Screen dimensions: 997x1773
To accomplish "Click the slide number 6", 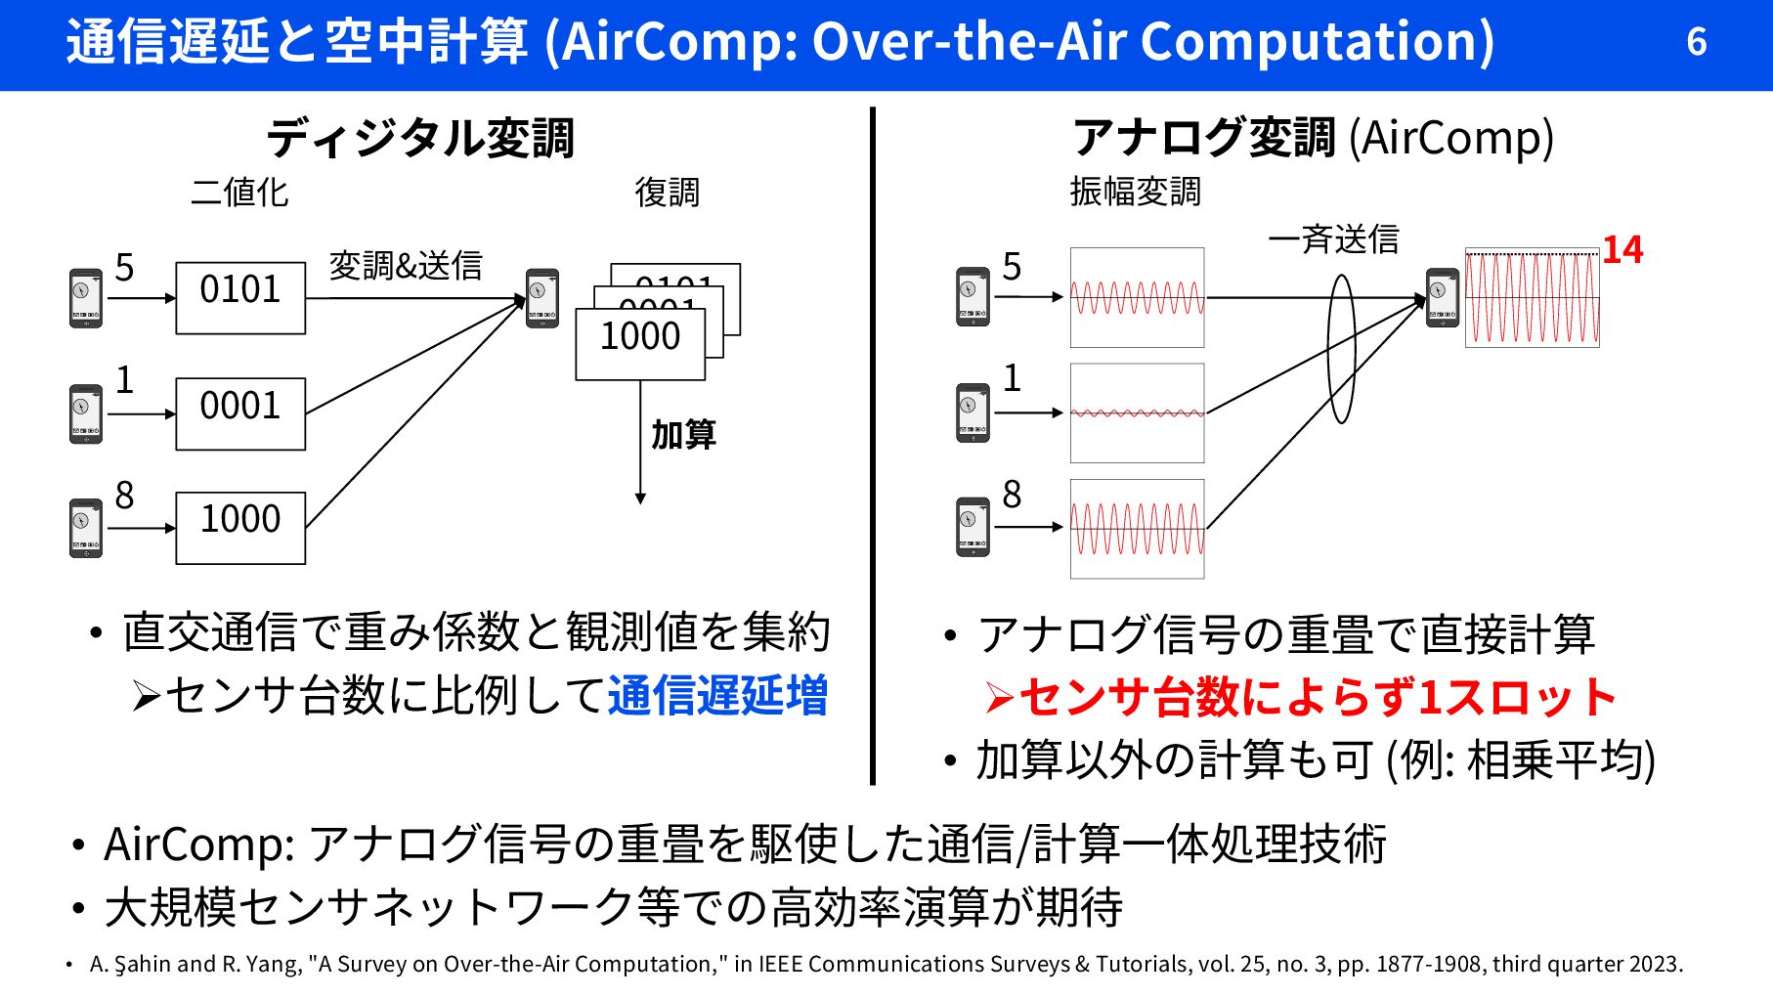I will tap(1696, 42).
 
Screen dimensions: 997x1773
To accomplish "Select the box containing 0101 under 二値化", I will tap(240, 297).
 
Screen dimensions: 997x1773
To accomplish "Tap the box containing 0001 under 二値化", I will tap(240, 413).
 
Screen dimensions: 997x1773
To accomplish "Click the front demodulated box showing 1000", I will tap(640, 343).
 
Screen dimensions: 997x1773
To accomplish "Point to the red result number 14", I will tap(1622, 250).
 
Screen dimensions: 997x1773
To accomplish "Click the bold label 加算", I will tap(683, 434).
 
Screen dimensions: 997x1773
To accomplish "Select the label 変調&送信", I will tap(406, 265).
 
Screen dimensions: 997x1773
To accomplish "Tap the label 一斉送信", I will tap(1333, 238).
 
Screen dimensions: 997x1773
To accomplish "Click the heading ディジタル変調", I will tap(420, 138).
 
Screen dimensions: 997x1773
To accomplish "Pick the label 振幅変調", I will tap(1135, 192).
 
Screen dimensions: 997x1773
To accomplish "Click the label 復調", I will tap(667, 192).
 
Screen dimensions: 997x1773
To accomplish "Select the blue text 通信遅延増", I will tap(717, 696).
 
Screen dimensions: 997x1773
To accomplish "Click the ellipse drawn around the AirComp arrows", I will tap(1341, 349).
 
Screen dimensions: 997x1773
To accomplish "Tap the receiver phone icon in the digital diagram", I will tap(542, 298).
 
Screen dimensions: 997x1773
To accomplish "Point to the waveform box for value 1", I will tap(1137, 412).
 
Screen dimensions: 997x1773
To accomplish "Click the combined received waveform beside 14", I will tap(1532, 297).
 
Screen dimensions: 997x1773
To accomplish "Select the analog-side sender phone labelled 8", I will tap(973, 527).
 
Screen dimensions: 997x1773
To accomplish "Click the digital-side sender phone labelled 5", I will tap(86, 298).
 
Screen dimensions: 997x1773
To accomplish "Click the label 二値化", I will tap(239, 192).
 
